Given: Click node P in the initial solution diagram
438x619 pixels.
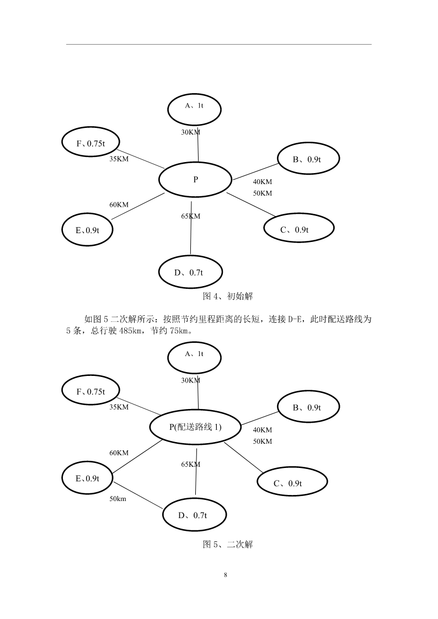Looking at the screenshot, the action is tap(195, 180).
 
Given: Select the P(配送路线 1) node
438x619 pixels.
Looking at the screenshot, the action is tap(195, 427).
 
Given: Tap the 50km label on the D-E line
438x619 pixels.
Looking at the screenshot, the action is tap(117, 499).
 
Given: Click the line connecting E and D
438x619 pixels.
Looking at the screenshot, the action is tap(138, 496).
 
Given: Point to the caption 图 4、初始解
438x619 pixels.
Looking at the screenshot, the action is tap(227, 296).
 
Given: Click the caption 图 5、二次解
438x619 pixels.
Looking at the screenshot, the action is tap(227, 545).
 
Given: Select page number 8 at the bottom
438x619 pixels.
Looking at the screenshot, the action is tap(226, 575).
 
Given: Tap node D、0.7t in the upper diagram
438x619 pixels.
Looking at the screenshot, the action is tap(190, 272).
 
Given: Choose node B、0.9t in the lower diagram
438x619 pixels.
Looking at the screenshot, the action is tap(308, 407).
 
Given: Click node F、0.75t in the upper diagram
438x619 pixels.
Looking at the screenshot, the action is tap(90, 142).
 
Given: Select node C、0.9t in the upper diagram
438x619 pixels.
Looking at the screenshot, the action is tap(299, 228).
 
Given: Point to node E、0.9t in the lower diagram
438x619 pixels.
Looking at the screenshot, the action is tap(87, 478).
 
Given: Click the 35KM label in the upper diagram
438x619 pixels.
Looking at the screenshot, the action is tap(119, 159).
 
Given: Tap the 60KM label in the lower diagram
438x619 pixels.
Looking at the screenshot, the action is tap(119, 453).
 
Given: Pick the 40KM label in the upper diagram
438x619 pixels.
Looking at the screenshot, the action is tap(263, 182).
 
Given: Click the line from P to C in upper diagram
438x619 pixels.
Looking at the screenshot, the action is tap(251, 204).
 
